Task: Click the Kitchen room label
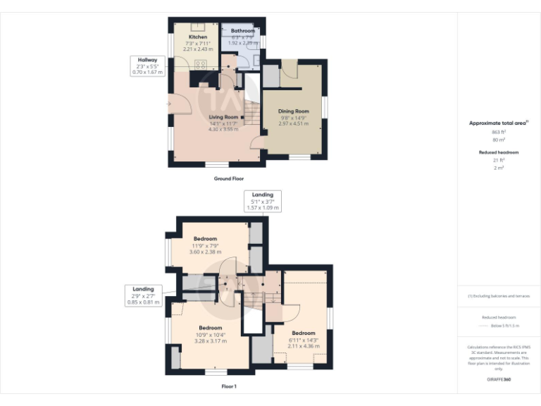[x=197, y=36]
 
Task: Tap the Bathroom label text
[x=242, y=31]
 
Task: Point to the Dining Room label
[x=293, y=111]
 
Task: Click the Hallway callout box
[x=147, y=66]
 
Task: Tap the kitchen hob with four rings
[x=199, y=66]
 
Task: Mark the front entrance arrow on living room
[x=169, y=104]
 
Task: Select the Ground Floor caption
[x=229, y=179]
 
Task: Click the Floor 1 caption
[x=229, y=386]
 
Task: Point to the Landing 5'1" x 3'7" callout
[x=262, y=201]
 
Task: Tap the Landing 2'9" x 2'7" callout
[x=143, y=295]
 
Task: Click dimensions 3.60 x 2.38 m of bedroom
[x=206, y=252]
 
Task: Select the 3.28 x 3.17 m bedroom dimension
[x=211, y=341]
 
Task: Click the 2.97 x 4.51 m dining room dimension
[x=293, y=124]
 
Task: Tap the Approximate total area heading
[x=498, y=123]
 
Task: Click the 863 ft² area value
[x=498, y=132]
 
